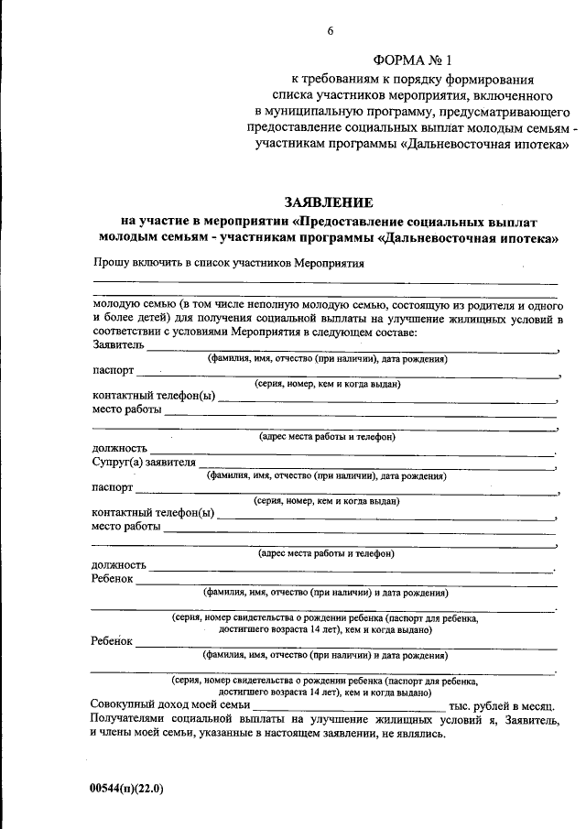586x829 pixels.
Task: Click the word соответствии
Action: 131,334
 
